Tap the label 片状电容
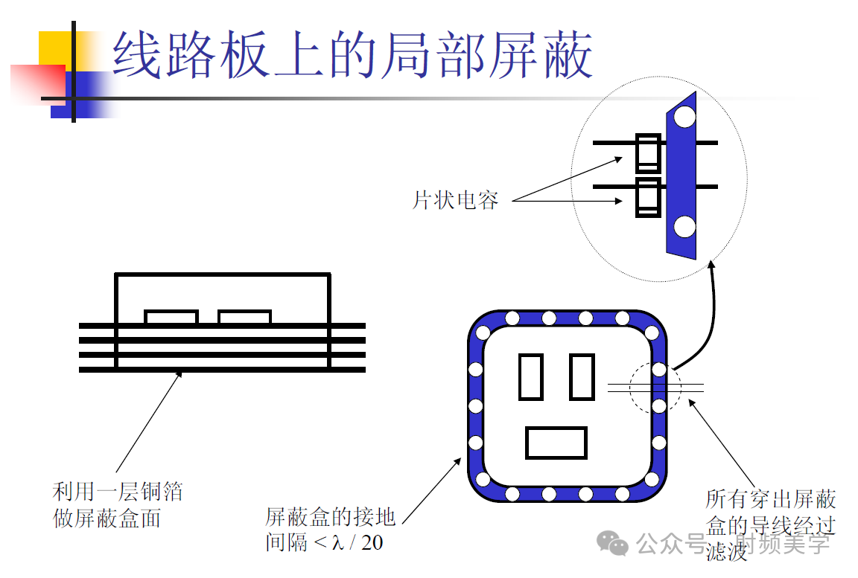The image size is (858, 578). [455, 199]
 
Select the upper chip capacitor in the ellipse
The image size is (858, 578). [648, 153]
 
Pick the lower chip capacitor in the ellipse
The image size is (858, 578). [648, 197]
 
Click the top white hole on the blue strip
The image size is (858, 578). [684, 117]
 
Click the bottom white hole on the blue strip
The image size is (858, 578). [684, 227]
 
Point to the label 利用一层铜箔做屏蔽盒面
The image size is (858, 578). [117, 504]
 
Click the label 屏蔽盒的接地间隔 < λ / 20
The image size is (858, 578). [329, 529]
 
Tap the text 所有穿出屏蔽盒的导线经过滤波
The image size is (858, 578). [770, 524]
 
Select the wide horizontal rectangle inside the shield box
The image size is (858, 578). [556, 443]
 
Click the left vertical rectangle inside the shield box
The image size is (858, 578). [530, 376]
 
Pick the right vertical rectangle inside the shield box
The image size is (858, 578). [582, 376]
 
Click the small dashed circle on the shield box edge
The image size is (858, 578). [655, 387]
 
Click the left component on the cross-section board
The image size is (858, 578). [171, 318]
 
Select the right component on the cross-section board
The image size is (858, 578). [244, 318]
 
